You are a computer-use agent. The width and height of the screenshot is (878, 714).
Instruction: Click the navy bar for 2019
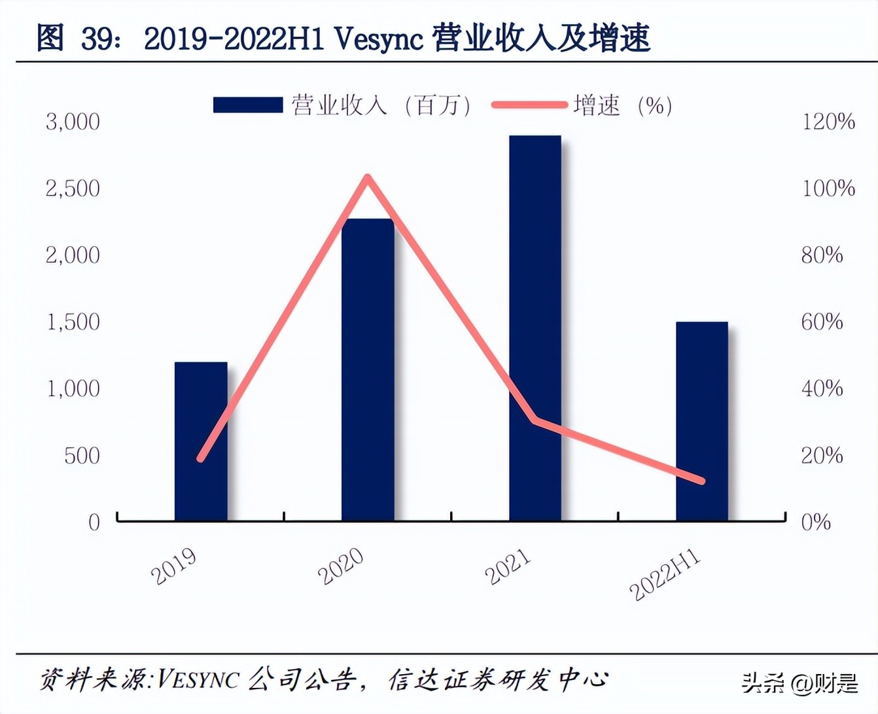[201, 441]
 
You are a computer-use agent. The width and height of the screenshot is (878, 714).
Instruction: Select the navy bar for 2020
[368, 370]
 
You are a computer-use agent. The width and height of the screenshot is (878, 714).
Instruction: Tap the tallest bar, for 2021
[535, 328]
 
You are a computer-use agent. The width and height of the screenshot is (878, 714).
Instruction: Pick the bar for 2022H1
[702, 421]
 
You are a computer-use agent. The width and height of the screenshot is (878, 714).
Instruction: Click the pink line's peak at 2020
[368, 177]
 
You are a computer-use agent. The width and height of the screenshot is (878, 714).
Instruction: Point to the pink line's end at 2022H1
[702, 481]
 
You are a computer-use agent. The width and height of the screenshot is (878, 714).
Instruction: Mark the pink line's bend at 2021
[535, 420]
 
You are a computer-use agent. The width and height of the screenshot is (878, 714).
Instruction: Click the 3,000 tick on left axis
[73, 122]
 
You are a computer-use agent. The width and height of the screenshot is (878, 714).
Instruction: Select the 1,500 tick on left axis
[73, 322]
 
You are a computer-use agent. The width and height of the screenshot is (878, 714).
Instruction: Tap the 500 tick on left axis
[82, 456]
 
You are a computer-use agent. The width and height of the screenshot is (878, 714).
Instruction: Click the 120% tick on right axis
[828, 122]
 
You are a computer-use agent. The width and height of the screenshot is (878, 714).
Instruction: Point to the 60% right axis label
[822, 322]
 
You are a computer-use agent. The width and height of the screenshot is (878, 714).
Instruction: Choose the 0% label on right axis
[816, 522]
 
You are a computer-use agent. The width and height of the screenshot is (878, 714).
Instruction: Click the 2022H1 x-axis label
[665, 575]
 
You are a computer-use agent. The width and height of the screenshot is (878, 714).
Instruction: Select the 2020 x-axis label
[341, 567]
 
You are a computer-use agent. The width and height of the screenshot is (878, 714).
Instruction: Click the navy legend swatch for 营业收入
[247, 105]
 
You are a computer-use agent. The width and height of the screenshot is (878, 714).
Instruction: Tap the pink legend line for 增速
[529, 105]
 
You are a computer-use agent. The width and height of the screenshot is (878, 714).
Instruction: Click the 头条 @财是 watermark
[799, 684]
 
